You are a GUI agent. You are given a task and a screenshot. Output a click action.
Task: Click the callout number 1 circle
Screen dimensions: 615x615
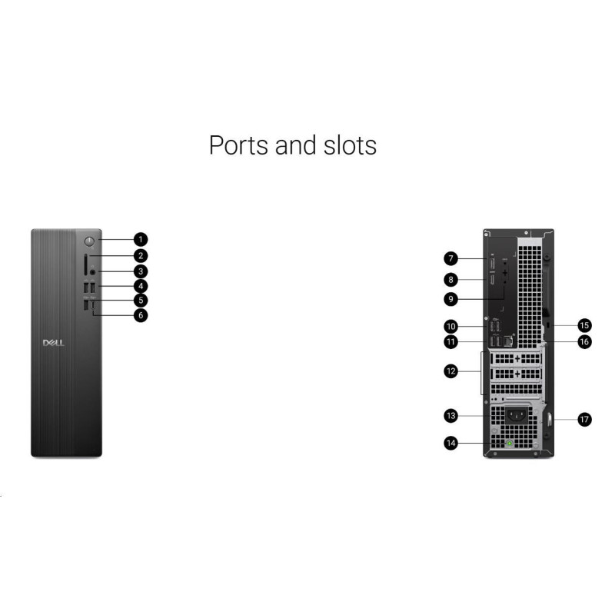click(x=141, y=240)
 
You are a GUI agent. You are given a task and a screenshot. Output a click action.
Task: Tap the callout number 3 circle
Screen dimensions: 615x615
click(x=141, y=271)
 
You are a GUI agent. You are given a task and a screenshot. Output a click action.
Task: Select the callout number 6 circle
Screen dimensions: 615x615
click(x=141, y=315)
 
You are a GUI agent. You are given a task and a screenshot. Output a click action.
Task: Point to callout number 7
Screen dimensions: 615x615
click(x=451, y=259)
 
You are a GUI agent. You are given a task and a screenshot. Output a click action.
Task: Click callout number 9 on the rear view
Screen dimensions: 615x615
click(x=451, y=299)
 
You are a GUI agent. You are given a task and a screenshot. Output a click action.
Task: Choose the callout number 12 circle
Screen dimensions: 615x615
click(x=451, y=371)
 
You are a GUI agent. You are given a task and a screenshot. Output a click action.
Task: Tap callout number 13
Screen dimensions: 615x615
click(x=451, y=416)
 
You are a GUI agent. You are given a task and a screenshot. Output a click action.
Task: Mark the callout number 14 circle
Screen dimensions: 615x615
click(x=451, y=443)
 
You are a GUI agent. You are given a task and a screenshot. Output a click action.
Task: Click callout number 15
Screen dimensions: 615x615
click(x=585, y=325)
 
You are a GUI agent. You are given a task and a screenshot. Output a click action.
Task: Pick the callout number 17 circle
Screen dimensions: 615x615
click(x=585, y=420)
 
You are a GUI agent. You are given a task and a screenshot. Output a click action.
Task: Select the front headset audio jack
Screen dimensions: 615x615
click(x=93, y=271)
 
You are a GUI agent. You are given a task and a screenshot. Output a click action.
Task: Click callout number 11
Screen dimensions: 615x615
click(x=451, y=341)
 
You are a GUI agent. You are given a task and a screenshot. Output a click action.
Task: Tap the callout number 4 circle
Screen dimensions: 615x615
click(x=141, y=286)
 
